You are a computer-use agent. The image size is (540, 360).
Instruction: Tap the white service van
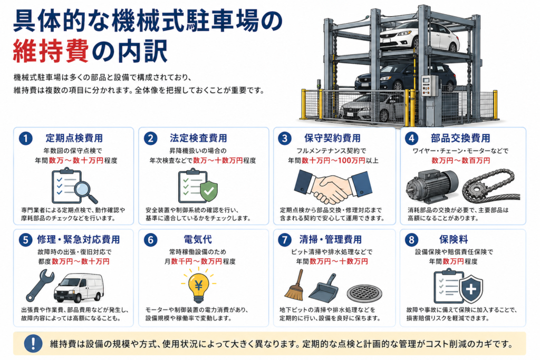tap(78, 287)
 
